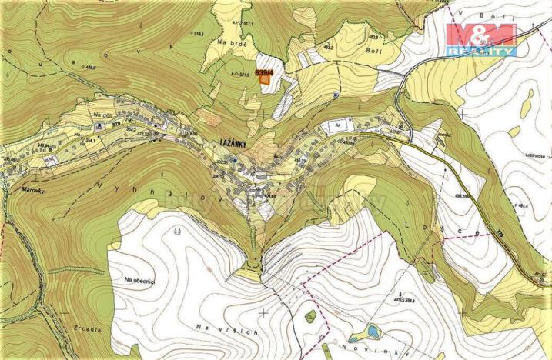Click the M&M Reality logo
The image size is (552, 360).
tap(482, 38)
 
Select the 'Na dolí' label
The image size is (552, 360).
tap(99, 114)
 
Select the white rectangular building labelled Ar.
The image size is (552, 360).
tap(340, 124)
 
